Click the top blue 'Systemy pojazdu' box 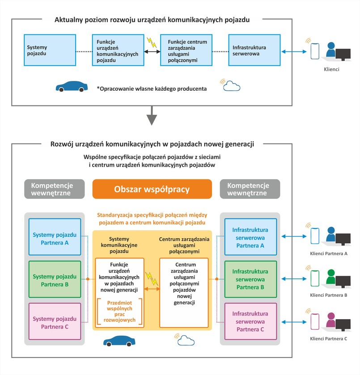[49, 50]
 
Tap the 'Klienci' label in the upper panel [331, 70]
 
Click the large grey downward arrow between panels [152, 117]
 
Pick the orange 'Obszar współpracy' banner [152, 189]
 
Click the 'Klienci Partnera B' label [328, 296]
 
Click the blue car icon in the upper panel [72, 87]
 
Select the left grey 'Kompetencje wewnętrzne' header [55, 189]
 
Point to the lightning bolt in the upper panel [152, 43]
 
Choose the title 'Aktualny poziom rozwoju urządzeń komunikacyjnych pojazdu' [152, 20]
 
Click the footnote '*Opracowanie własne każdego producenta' [151, 88]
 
